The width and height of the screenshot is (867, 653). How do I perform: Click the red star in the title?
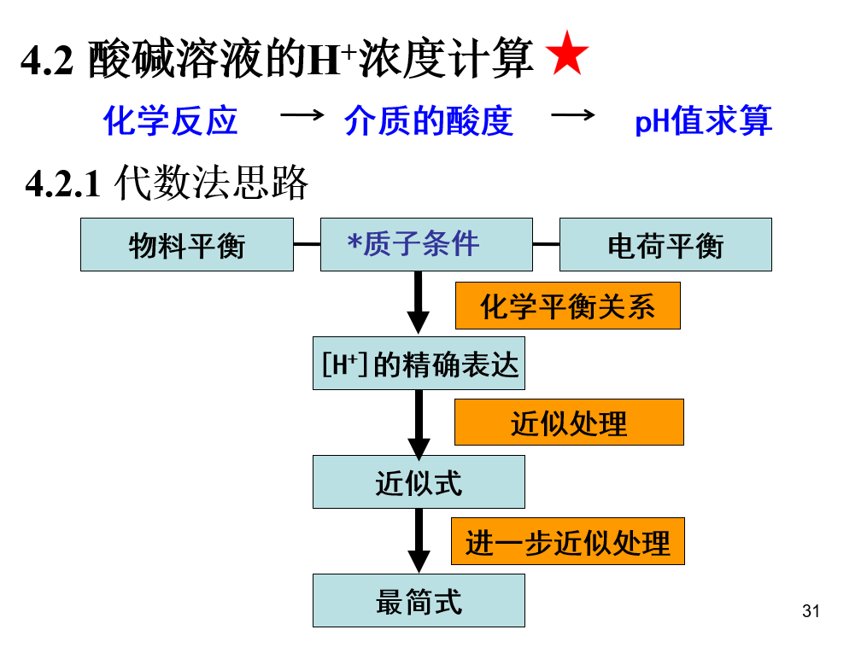567,55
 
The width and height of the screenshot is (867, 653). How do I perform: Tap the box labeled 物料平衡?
187,245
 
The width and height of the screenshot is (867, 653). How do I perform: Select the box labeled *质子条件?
426,245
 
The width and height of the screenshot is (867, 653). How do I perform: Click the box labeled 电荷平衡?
665,245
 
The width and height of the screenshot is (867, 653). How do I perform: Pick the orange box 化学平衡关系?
567,306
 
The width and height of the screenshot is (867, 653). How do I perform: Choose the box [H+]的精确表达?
419,364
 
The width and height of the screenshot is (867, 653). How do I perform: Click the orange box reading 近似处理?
569,422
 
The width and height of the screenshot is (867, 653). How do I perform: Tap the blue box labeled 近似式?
419,482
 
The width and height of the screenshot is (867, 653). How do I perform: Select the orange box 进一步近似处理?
567,541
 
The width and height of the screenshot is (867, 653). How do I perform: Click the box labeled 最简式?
419,600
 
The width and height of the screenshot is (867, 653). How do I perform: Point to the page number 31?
811,611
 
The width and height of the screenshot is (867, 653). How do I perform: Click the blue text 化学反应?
170,120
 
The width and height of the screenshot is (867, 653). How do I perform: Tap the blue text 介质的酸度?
428,120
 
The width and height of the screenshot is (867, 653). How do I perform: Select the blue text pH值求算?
703,120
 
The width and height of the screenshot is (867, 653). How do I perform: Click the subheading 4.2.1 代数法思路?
167,183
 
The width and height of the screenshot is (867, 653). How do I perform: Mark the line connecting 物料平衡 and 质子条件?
307,245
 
